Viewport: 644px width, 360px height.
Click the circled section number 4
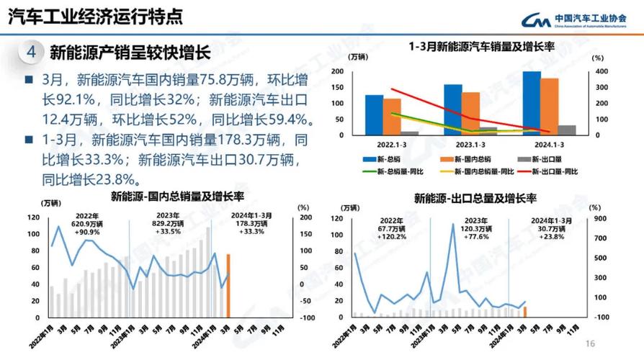(31, 53)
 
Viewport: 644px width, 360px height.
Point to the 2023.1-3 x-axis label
(470, 144)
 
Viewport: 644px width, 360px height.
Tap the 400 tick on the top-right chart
(601, 71)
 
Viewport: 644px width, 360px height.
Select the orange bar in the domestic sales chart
(228, 285)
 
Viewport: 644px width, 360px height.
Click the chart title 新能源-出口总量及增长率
(476, 197)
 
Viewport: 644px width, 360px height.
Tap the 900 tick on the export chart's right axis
(599, 218)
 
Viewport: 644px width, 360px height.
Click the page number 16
(590, 343)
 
